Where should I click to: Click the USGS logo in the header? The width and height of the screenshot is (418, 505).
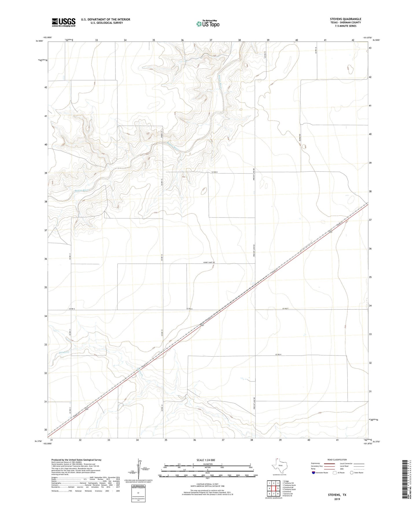[64, 22]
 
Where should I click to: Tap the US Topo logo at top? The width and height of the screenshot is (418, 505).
[208, 23]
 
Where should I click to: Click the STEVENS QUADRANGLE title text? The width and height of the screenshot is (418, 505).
[345, 19]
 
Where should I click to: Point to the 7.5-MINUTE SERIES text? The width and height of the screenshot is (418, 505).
[345, 26]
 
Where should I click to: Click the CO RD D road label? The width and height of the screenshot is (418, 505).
[214, 172]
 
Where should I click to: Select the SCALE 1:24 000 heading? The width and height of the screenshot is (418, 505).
[206, 460]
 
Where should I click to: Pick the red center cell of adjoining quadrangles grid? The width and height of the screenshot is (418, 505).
[274, 488]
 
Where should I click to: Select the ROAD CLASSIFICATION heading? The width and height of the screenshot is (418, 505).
[337, 460]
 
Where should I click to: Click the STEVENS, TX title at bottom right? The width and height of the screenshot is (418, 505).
[337, 495]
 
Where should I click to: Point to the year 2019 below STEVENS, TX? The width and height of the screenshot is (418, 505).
[337, 499]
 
